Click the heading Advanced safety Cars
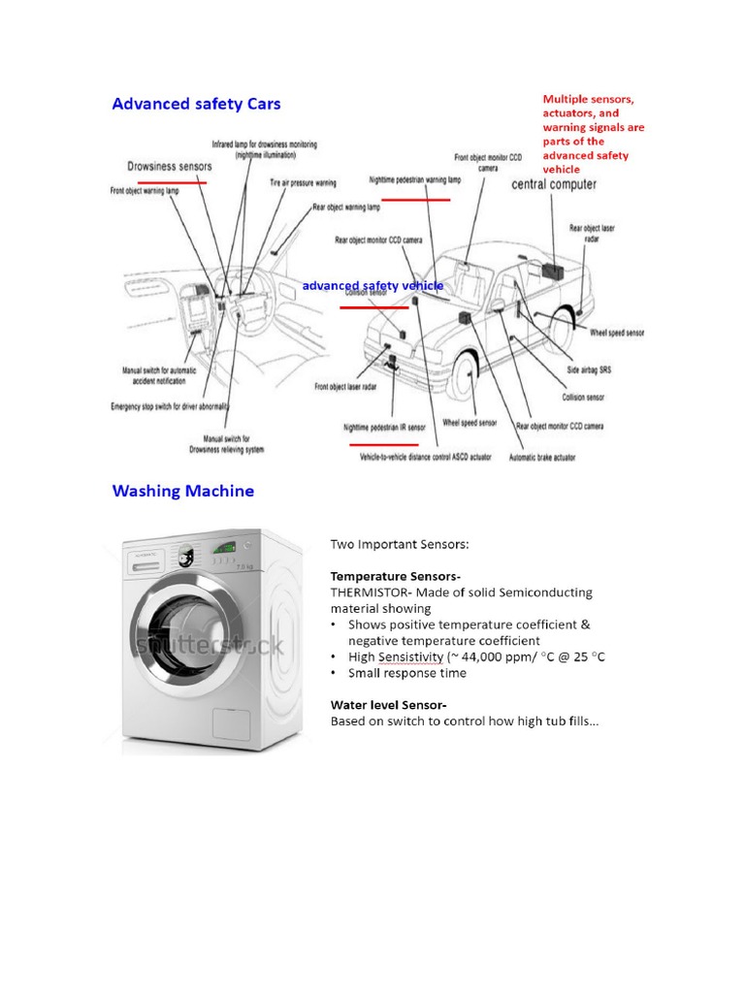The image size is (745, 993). pos(197,104)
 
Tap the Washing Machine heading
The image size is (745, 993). pos(183,491)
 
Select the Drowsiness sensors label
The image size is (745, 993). pos(170,166)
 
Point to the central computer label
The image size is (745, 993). pos(554,184)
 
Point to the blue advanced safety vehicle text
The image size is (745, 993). pos(372,286)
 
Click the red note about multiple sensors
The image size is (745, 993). pos(593,134)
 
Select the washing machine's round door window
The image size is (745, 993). pos(184,645)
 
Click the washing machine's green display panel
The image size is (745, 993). pos(224,547)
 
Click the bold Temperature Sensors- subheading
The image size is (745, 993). pos(381,576)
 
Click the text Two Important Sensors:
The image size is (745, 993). pos(400,544)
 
